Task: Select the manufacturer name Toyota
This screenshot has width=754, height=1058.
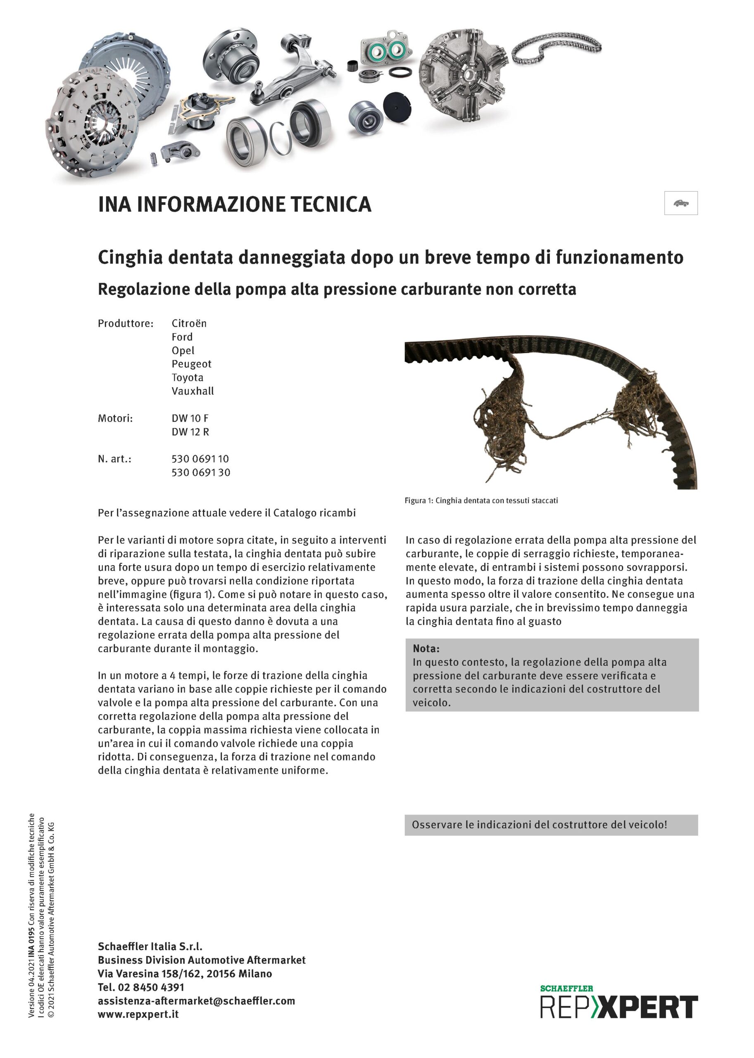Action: pyautogui.click(x=187, y=378)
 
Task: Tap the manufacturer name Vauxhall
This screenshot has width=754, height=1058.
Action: pyautogui.click(x=193, y=391)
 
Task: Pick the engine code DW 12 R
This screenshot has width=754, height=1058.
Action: pyautogui.click(x=190, y=432)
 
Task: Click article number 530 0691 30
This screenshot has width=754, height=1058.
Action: pyautogui.click(x=200, y=472)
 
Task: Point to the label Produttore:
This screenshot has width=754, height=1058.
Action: pyautogui.click(x=125, y=323)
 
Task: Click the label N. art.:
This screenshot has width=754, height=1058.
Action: pyautogui.click(x=114, y=459)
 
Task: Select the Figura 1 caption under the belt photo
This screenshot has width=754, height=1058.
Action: pyautogui.click(x=481, y=500)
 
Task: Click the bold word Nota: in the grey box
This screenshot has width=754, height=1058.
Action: pyautogui.click(x=426, y=648)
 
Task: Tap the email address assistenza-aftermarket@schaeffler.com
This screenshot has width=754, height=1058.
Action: pyautogui.click(x=196, y=1001)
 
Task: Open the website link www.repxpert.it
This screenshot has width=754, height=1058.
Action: pyautogui.click(x=138, y=1014)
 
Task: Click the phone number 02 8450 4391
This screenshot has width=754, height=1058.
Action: pyautogui.click(x=151, y=987)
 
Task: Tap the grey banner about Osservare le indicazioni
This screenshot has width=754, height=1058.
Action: pyautogui.click(x=551, y=825)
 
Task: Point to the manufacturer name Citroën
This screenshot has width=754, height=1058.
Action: pyautogui.click(x=189, y=323)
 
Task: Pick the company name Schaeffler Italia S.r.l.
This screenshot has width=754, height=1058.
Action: pyautogui.click(x=150, y=946)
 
